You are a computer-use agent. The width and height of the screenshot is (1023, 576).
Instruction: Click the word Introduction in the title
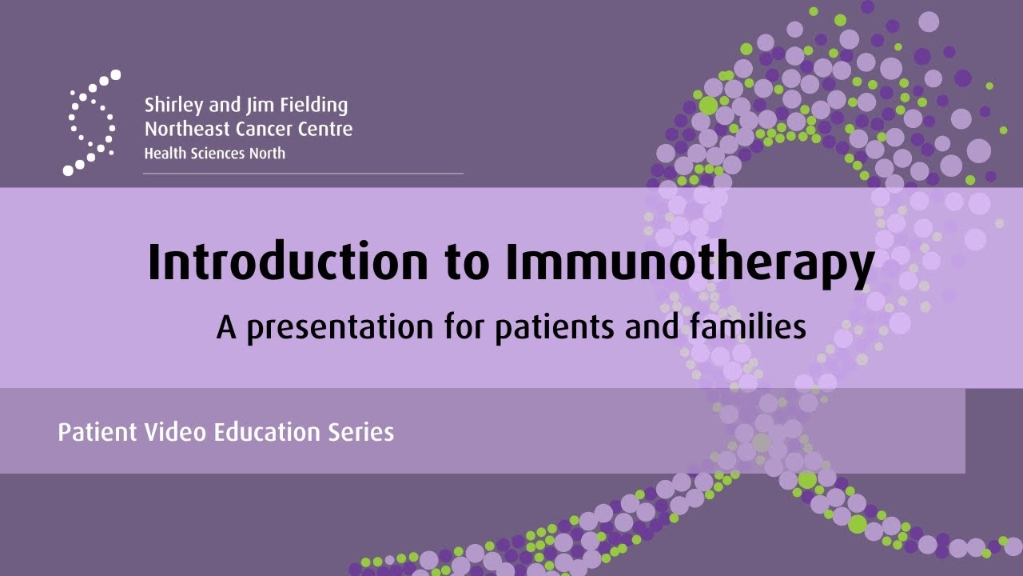click(x=288, y=262)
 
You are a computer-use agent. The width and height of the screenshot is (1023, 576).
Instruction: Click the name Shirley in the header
click(x=169, y=106)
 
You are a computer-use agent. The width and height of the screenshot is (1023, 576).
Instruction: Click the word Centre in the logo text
click(x=328, y=129)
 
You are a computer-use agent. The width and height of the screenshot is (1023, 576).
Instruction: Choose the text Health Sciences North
click(x=214, y=153)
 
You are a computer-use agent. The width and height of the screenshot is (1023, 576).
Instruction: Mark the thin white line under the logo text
click(x=303, y=173)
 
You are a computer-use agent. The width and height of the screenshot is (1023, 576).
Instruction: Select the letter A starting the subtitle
click(x=225, y=327)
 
